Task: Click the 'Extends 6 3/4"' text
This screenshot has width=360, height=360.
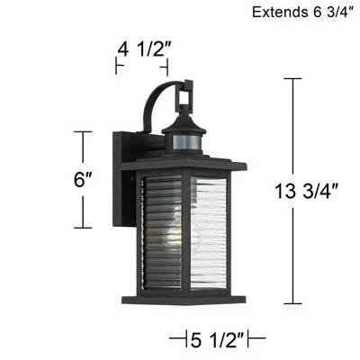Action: pyautogui.click(x=301, y=13)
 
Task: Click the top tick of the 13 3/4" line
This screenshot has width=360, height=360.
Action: pyautogui.click(x=290, y=78)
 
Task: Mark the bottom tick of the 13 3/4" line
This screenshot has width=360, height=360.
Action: pyautogui.click(x=290, y=302)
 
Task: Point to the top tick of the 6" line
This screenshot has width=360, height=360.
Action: pyautogui.click(x=84, y=132)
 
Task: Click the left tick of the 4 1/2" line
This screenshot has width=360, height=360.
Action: pyautogui.click(x=118, y=66)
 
